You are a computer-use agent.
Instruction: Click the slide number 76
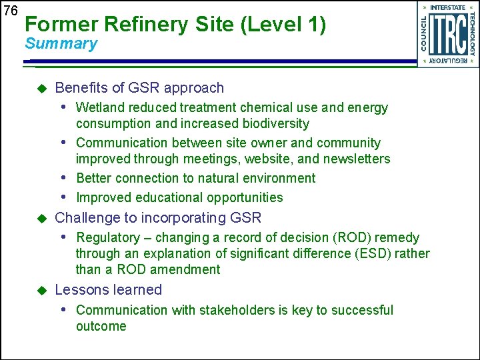pyautogui.click(x=9, y=11)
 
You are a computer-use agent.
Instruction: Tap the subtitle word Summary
pyautogui.click(x=61, y=44)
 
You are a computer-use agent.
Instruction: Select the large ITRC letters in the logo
pyautogui.click(x=447, y=35)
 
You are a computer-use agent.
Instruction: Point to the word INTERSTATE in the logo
pyautogui.click(x=447, y=7)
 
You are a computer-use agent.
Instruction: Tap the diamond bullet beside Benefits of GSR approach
pyautogui.click(x=41, y=88)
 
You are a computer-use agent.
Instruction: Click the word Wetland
pyautogui.click(x=99, y=107)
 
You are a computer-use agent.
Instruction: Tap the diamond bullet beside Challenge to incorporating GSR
pyautogui.click(x=41, y=218)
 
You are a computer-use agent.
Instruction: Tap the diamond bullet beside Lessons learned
pyautogui.click(x=41, y=290)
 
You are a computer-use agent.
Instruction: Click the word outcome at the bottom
pyautogui.click(x=101, y=326)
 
